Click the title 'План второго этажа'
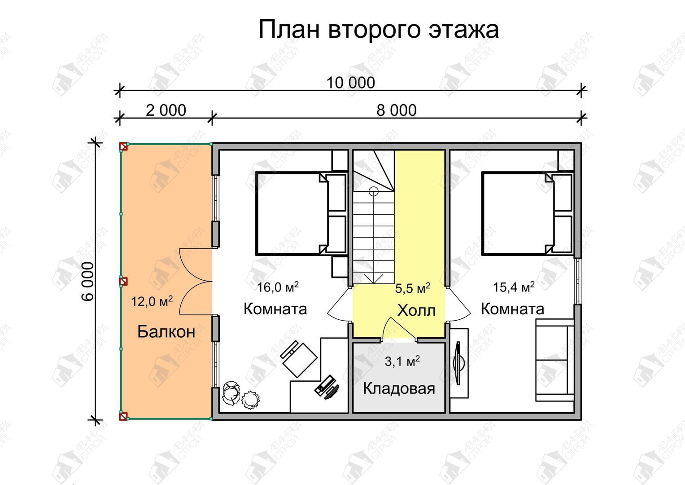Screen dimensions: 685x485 click(379, 30)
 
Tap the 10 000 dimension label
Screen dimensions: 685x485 click(350, 83)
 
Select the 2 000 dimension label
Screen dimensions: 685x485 click(166, 110)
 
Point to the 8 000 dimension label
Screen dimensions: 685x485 click(396, 110)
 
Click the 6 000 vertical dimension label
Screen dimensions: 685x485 click(88, 282)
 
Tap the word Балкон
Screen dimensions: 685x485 click(166, 331)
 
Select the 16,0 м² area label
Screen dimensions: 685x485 click(278, 287)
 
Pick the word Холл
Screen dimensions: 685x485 click(416, 310)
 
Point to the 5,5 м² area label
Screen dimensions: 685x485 click(413, 288)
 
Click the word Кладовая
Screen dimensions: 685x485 click(399, 388)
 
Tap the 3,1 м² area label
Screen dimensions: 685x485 click(402, 362)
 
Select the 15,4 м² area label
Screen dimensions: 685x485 click(514, 287)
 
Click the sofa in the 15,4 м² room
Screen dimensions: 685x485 click(554, 360)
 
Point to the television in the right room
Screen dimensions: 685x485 click(459, 363)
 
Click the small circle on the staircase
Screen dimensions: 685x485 click(373, 192)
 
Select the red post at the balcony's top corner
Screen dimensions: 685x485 click(123, 147)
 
